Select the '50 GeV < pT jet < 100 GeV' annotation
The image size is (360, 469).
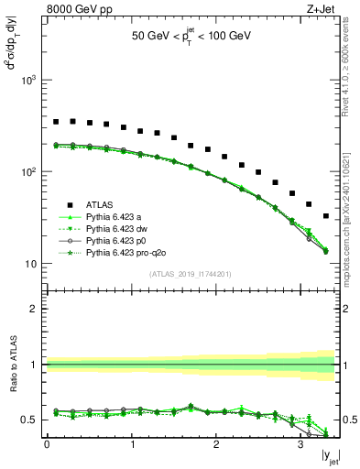191,38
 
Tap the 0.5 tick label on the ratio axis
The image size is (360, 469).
29,420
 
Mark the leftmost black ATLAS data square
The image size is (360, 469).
56,121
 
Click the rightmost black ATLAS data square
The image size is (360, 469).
326,216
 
